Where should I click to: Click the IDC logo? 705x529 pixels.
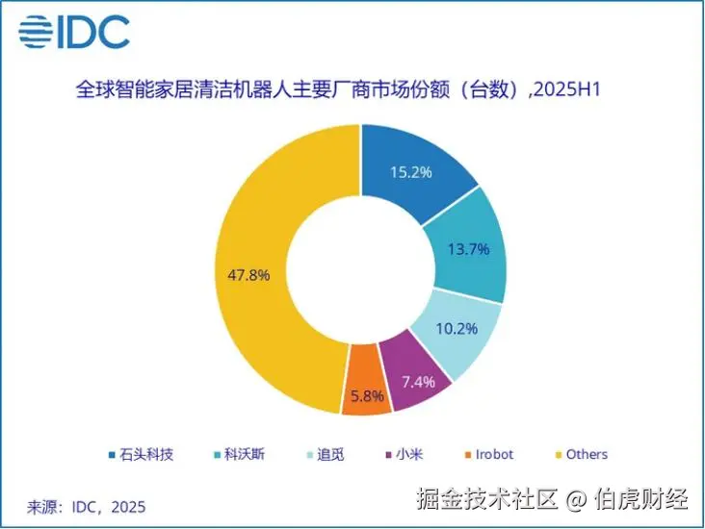(x=74, y=34)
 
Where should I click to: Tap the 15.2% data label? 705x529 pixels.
(x=410, y=174)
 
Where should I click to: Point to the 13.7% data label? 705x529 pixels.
(x=469, y=249)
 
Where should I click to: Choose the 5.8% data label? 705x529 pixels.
(x=366, y=395)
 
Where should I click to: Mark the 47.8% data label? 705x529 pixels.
(x=248, y=274)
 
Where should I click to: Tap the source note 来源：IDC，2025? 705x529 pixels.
(x=87, y=505)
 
